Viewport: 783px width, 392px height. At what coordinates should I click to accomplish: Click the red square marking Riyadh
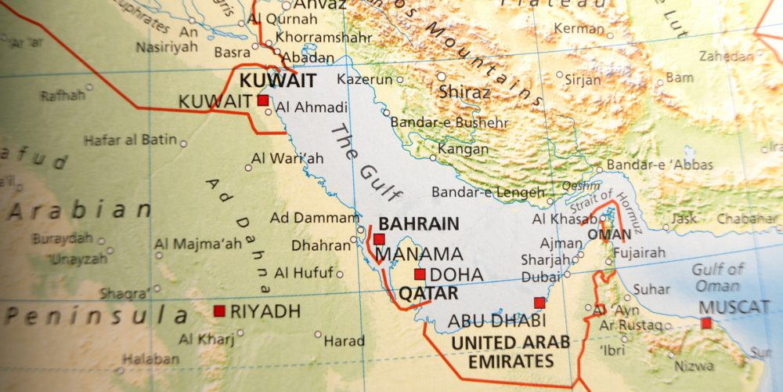click(x=219, y=311)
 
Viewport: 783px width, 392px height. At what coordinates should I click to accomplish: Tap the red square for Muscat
click(x=706, y=323)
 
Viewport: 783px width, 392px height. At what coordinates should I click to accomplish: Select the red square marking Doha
click(x=420, y=274)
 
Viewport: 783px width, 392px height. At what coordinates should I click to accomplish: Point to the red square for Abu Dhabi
click(x=539, y=303)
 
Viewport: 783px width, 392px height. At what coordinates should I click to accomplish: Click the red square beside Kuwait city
click(x=263, y=100)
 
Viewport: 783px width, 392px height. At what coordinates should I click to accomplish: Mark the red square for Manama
click(x=379, y=239)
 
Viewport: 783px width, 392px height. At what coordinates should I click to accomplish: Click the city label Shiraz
click(x=465, y=92)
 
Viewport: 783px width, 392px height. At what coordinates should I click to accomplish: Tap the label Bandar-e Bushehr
click(x=449, y=122)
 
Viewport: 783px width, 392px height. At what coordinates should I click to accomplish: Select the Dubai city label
click(x=541, y=276)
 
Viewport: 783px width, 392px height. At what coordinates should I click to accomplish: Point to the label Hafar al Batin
click(x=131, y=140)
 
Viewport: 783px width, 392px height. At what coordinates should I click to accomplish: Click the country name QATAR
click(x=428, y=293)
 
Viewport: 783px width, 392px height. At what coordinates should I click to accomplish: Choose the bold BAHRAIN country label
click(x=419, y=223)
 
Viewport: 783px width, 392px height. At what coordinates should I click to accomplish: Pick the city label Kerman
click(x=579, y=28)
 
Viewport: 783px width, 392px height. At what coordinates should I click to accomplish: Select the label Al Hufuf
click(x=304, y=273)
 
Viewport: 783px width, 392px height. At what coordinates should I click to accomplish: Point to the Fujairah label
click(x=638, y=252)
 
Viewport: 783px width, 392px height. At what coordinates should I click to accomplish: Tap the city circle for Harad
click(x=319, y=335)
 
